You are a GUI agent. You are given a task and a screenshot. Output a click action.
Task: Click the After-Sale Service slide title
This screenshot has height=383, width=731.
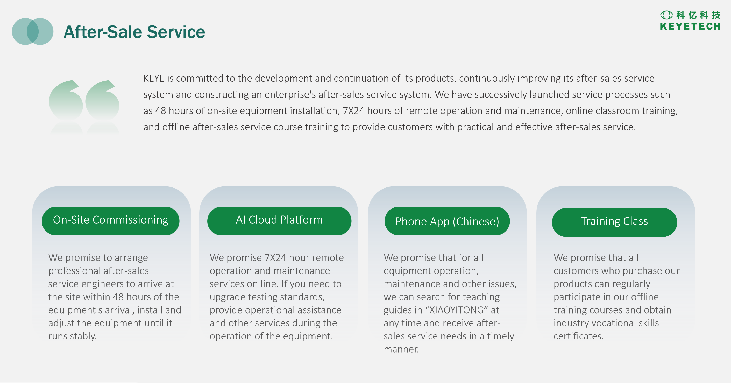click(x=134, y=32)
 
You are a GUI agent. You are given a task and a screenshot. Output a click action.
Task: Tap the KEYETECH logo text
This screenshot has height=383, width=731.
click(x=690, y=26)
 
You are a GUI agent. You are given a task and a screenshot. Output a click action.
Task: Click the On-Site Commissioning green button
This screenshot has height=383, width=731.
click(x=110, y=221)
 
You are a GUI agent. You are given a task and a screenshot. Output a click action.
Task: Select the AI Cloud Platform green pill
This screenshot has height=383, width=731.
click(x=279, y=221)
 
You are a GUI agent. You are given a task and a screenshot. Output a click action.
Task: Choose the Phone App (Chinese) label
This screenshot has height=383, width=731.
click(x=447, y=221)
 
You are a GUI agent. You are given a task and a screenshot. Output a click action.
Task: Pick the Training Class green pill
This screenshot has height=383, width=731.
click(x=614, y=222)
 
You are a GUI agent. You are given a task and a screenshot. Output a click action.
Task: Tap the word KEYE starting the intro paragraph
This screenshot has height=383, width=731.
click(x=154, y=78)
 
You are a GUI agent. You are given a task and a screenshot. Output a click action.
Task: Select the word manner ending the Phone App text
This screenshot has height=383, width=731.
click(x=401, y=349)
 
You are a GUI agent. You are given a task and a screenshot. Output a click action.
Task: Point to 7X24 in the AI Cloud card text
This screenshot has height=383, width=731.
click(x=275, y=257)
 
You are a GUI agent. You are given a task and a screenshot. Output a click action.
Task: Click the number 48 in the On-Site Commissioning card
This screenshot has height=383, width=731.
click(x=118, y=297)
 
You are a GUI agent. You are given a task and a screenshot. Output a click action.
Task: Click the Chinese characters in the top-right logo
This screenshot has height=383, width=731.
click(x=698, y=15)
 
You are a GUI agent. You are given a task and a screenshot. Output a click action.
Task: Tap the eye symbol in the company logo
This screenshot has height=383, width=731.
click(x=666, y=15)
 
